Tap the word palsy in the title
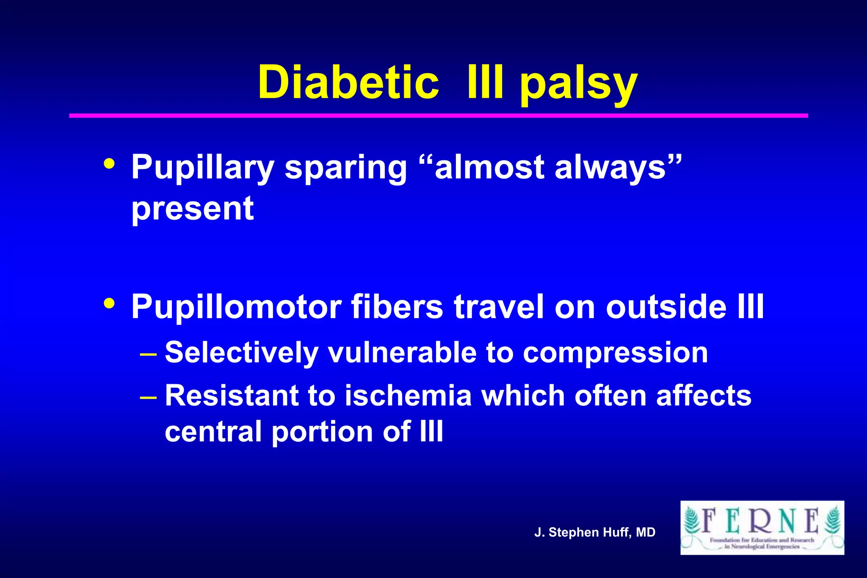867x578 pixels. coord(578,85)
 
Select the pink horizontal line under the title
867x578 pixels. coord(438,116)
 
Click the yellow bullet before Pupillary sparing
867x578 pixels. coord(109,164)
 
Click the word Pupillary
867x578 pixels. coord(203,168)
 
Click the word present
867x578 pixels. coord(193,209)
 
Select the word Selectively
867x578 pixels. coord(241,352)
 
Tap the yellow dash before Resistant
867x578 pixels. coord(148,397)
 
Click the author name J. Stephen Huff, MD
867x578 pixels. coord(595,532)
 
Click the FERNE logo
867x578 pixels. coord(762,528)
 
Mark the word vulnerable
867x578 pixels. coord(402,352)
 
